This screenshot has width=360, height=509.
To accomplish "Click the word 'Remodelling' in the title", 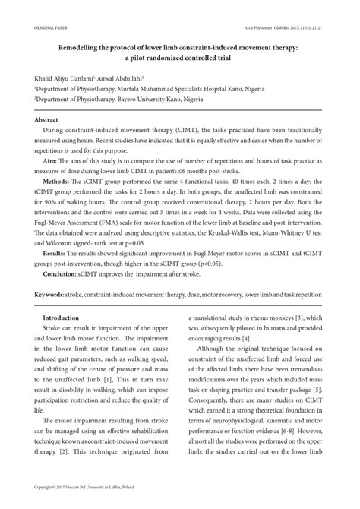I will coord(82,47).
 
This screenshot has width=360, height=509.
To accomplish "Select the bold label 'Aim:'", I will coord(51,161).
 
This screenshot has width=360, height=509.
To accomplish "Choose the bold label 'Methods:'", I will coord(58,182).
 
